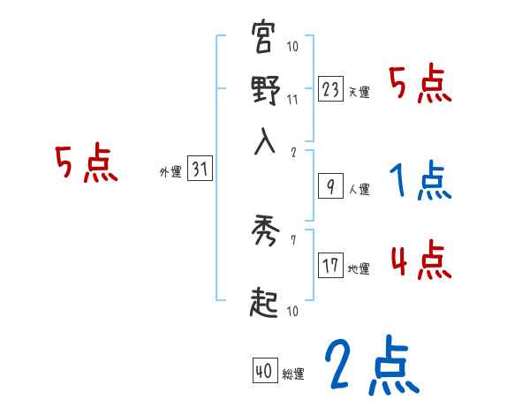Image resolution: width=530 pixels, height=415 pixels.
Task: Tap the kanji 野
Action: click(x=264, y=91)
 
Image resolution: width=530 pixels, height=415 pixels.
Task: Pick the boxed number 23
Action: click(x=330, y=88)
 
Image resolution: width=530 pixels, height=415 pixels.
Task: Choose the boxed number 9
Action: click(x=330, y=185)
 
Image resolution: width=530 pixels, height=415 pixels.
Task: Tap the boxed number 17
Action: click(x=330, y=265)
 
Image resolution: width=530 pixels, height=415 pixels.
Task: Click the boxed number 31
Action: click(x=200, y=170)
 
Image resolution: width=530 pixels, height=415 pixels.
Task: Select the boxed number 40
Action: click(x=264, y=372)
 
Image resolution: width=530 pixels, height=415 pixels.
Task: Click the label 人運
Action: click(x=359, y=189)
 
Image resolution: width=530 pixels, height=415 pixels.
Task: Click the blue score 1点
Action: click(x=419, y=182)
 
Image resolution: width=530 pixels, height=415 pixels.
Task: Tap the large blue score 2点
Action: click(x=371, y=363)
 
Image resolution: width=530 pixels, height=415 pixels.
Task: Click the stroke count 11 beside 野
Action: click(x=292, y=100)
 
